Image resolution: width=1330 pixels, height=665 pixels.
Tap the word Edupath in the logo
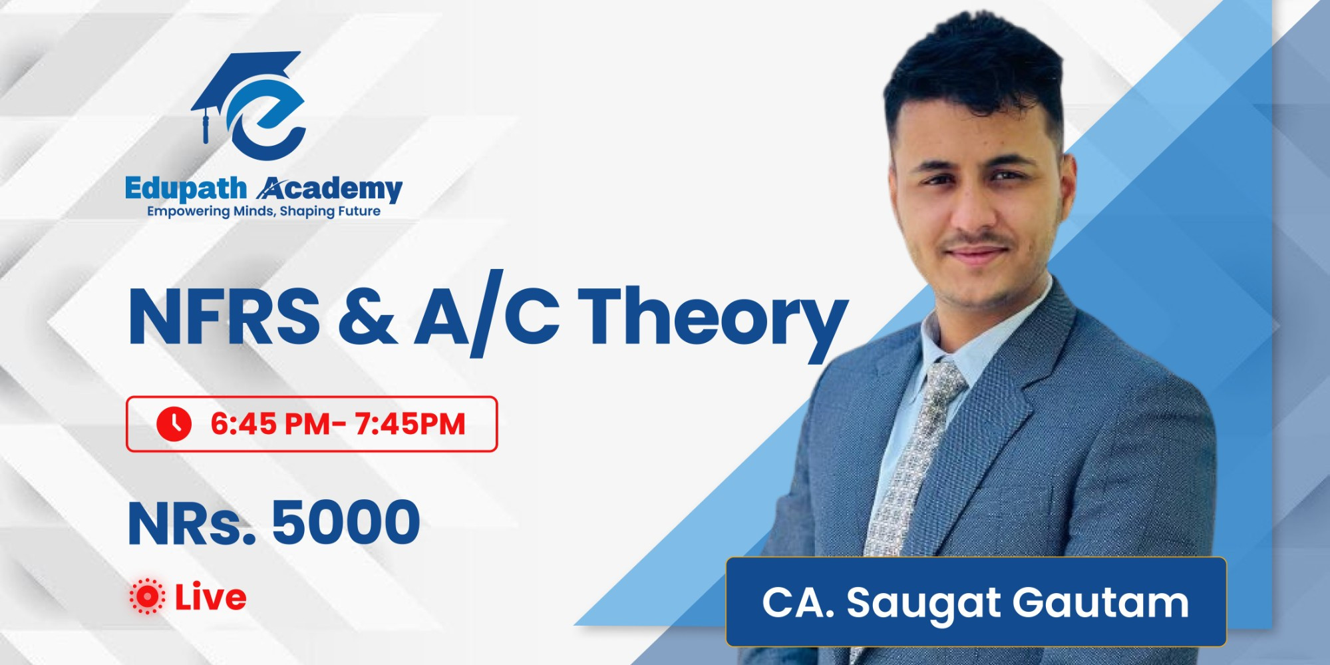185,189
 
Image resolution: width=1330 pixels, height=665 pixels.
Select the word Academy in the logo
330,189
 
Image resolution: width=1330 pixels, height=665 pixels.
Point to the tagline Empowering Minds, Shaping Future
263,212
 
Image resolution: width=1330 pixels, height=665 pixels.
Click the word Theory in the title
712,318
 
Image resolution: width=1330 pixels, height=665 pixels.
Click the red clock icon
174,424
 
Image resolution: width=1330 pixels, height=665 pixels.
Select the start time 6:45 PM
269,424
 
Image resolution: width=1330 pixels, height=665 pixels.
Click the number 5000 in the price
346,523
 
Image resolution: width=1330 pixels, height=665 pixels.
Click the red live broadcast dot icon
147,596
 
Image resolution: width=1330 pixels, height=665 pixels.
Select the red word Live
210,597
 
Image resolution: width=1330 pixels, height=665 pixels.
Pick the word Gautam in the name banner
1100,602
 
